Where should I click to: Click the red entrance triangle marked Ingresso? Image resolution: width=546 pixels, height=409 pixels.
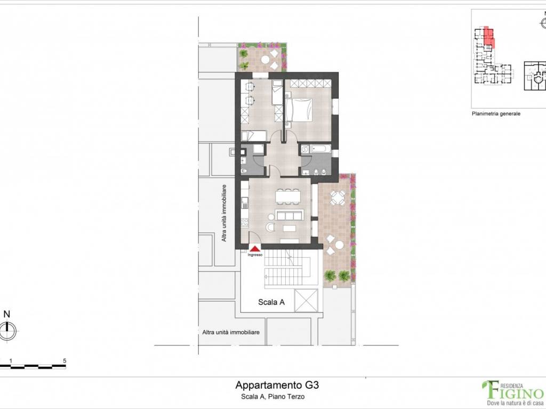[x=255, y=248]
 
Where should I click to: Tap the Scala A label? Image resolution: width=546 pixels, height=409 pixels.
[x=271, y=302]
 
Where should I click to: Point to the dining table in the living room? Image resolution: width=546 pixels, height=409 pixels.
[x=288, y=197]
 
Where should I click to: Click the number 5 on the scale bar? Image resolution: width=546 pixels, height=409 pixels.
[x=65, y=361]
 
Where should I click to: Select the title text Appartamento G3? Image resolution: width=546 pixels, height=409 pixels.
[x=277, y=385]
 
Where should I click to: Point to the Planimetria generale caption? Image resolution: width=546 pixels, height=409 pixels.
[x=495, y=114]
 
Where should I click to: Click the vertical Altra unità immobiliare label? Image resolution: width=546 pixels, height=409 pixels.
[x=224, y=213]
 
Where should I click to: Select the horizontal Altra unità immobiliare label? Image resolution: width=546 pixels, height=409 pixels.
[x=231, y=332]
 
